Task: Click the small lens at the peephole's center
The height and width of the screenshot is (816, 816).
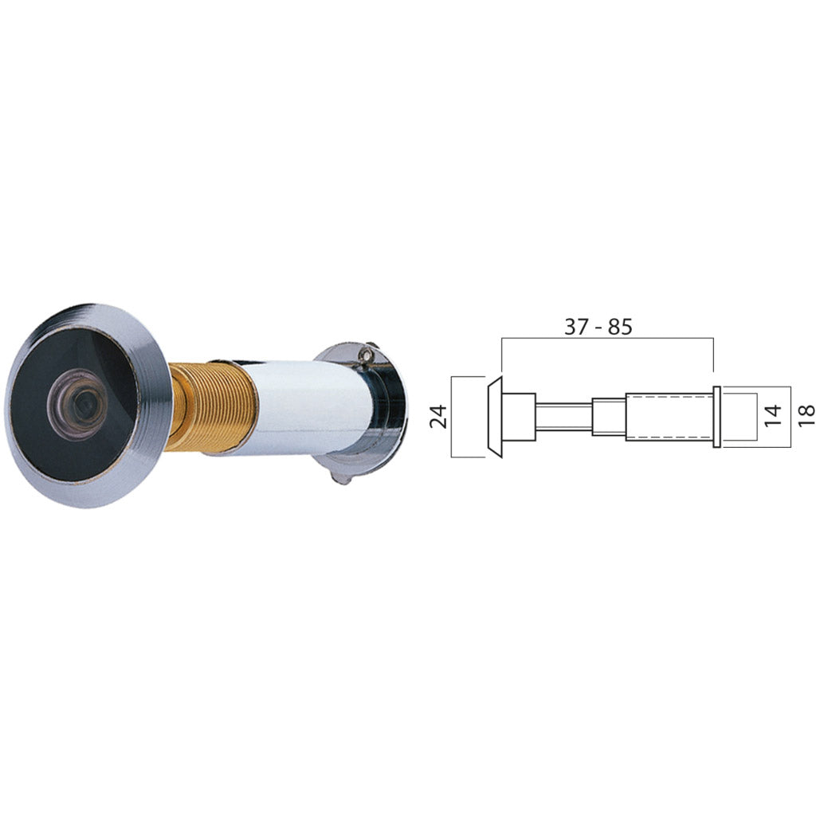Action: click(x=77, y=404)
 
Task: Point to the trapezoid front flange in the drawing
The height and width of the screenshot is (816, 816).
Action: click(x=495, y=417)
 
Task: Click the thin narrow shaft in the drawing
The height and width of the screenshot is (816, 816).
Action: click(x=563, y=417)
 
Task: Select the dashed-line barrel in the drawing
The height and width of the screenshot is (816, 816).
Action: click(x=668, y=417)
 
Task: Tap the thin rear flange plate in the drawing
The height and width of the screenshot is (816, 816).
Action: click(x=717, y=417)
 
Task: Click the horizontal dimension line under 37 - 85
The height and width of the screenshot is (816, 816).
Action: click(x=606, y=339)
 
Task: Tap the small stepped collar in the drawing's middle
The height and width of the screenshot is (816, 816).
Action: click(x=608, y=417)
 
